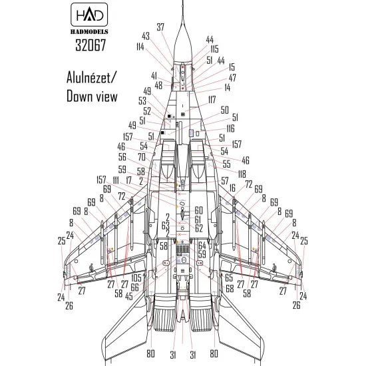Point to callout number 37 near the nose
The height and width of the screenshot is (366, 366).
pyautogui.click(x=160, y=27)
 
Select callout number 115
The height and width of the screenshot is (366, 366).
pyautogui.click(x=214, y=49)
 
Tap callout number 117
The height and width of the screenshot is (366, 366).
pyautogui.click(x=212, y=99)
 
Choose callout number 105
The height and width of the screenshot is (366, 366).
pyautogui.click(x=136, y=277)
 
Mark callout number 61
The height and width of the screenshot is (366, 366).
pyautogui.click(x=198, y=219)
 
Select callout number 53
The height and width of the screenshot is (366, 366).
pyautogui.click(x=142, y=100)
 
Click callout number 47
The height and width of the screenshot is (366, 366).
pyautogui.click(x=232, y=77)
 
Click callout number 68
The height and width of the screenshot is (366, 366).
pyautogui.click(x=229, y=288)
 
